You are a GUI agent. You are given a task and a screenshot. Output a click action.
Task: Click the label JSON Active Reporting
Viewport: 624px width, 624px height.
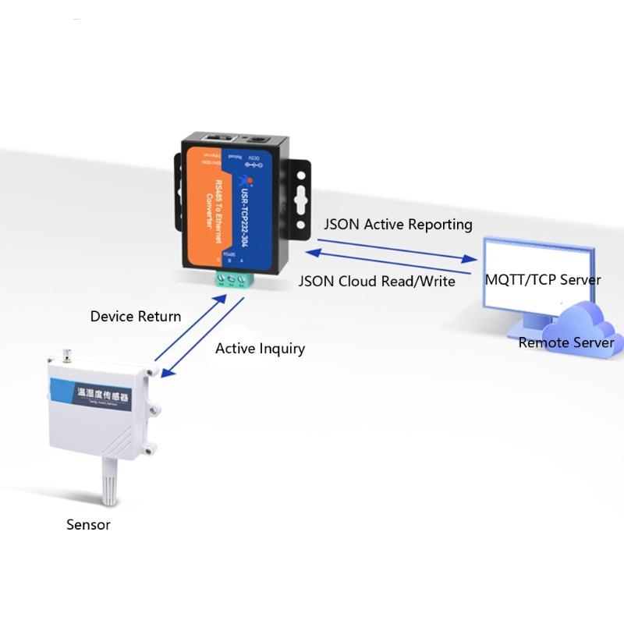point(398,225)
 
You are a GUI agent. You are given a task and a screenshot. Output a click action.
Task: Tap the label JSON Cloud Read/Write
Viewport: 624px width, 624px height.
point(377,282)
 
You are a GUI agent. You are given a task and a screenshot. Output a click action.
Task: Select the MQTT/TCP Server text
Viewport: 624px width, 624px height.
point(543,279)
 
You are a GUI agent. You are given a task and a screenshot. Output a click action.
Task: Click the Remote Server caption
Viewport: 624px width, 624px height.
point(565,342)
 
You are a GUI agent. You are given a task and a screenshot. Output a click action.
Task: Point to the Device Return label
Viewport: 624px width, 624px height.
point(136,316)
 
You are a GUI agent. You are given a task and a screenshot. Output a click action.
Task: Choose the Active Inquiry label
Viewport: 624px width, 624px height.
point(260,348)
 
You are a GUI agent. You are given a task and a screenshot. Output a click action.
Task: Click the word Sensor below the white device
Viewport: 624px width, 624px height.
point(88,524)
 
